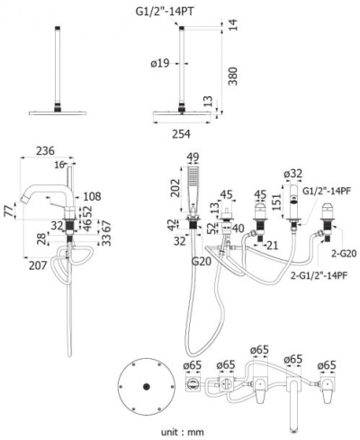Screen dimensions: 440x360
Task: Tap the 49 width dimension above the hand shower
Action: [x=192, y=158]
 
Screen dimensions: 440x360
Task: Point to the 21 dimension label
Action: [x=272, y=246]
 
